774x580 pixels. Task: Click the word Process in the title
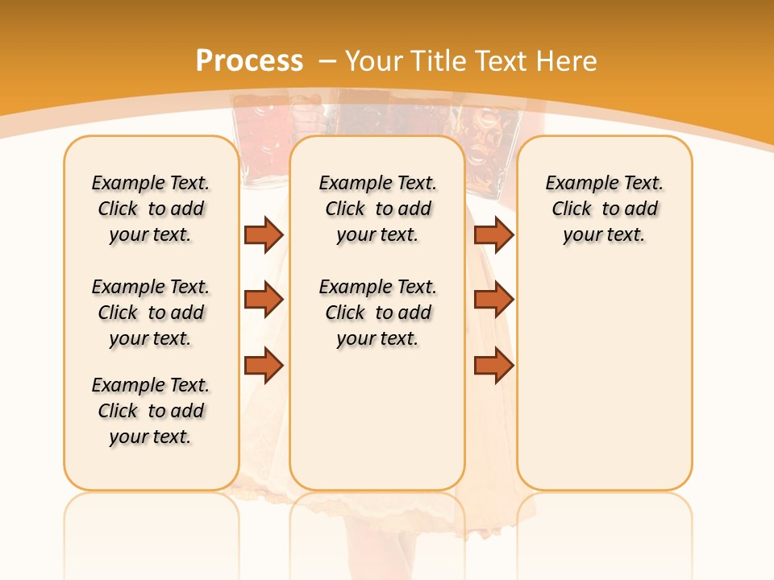tap(249, 61)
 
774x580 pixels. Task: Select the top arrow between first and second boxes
tap(264, 234)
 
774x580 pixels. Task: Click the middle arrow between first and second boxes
tap(264, 300)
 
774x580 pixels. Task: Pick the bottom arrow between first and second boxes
tap(264, 366)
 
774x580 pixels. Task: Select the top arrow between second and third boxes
tap(493, 234)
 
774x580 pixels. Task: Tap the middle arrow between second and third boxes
tap(493, 300)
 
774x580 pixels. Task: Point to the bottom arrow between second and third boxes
tap(493, 366)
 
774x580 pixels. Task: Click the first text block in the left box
tap(151, 209)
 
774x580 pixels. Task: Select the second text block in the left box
tap(151, 313)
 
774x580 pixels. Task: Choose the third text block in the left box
tap(151, 411)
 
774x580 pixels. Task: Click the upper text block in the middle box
tap(377, 209)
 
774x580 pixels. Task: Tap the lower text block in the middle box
tap(377, 313)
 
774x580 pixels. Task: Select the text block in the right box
tap(604, 209)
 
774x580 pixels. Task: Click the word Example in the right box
tap(575, 184)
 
